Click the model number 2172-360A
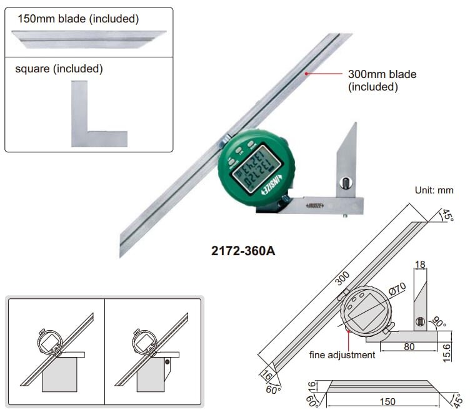click(243, 251)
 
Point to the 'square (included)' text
click(59, 69)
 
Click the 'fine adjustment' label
click(342, 354)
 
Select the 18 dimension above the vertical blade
click(420, 265)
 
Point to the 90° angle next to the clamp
click(440, 324)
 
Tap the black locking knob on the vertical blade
click(344, 183)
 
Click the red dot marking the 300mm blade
click(306, 74)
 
